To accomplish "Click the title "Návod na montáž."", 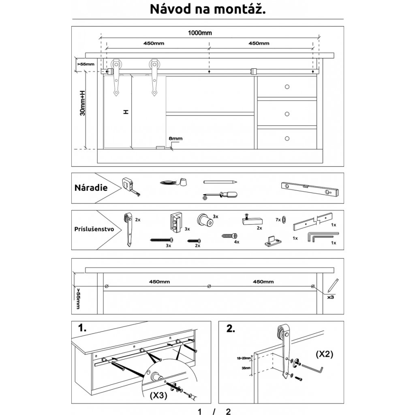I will (207, 9).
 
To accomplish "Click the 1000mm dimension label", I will (200, 33).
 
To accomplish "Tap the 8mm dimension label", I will (175, 139).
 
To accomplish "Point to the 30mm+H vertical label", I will (82, 103).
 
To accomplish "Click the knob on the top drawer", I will (287, 87).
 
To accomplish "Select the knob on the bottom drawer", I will (287, 139).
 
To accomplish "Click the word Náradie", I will (91, 188).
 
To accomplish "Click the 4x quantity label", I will (237, 242).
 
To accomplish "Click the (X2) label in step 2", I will (324, 354).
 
